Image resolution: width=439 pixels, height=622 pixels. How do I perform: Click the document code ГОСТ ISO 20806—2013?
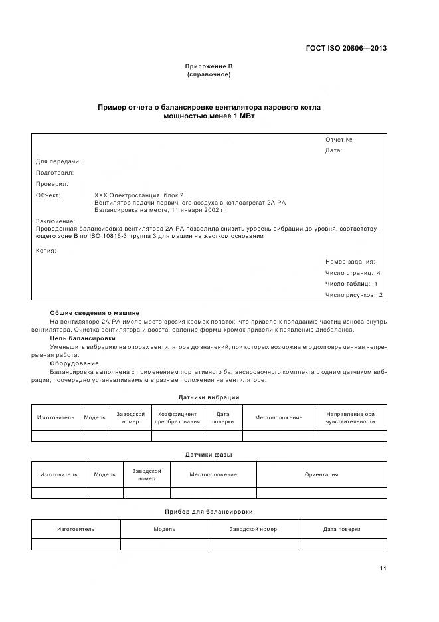click(x=346, y=48)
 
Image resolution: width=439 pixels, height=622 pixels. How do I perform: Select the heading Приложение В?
click(x=209, y=66)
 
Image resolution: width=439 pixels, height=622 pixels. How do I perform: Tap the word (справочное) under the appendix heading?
click(x=209, y=74)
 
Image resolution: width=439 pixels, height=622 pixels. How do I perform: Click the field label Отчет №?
click(x=338, y=140)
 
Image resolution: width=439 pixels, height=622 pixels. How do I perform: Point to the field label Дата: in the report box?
click(x=333, y=150)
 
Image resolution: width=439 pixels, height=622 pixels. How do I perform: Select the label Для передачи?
click(x=58, y=161)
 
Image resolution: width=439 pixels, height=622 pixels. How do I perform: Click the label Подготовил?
click(x=54, y=173)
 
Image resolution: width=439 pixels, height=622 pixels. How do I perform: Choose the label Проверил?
click(x=52, y=184)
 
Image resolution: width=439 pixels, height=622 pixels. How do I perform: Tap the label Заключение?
click(x=55, y=221)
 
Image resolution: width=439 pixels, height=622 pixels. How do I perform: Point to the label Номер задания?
click(x=350, y=262)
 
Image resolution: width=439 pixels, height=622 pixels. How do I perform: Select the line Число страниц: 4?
click(x=353, y=273)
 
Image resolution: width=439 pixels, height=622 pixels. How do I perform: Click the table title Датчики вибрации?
click(x=209, y=397)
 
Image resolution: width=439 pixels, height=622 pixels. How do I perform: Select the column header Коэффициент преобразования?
click(x=177, y=418)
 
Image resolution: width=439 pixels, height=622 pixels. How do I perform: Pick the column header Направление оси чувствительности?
click(x=351, y=418)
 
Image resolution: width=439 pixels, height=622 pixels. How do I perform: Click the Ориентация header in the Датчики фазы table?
click(x=321, y=474)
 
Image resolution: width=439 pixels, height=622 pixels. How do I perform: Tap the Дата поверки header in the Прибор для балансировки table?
click(x=341, y=529)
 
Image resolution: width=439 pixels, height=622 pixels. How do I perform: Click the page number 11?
click(x=383, y=568)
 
